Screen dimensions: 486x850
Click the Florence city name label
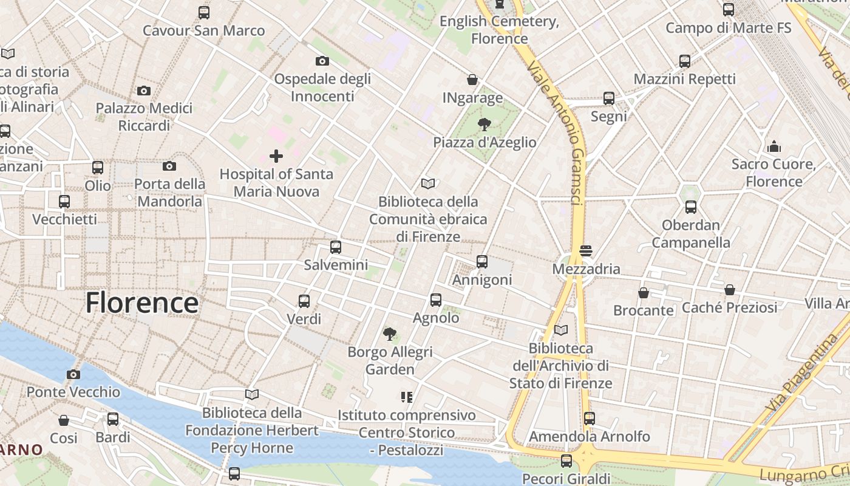[x=141, y=303]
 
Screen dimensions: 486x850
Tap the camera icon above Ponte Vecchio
[x=73, y=374]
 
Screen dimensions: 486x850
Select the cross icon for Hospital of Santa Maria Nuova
[x=276, y=156]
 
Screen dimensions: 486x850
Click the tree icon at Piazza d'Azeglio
[x=484, y=125]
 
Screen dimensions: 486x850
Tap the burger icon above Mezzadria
[x=586, y=251]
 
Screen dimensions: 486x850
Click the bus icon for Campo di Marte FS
[x=729, y=10]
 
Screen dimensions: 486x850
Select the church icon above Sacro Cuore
[x=774, y=146]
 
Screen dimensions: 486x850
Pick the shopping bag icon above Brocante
[x=644, y=293]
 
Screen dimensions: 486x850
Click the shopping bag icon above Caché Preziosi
[x=729, y=290]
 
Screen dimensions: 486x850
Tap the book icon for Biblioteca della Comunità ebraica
[x=428, y=183]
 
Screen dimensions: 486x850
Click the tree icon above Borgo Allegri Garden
[x=390, y=334]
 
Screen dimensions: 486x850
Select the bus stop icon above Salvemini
[x=336, y=247]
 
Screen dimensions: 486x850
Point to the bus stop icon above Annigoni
[x=482, y=262]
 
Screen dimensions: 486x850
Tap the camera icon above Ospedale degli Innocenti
[x=322, y=61]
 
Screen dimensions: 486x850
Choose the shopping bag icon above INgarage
[x=472, y=80]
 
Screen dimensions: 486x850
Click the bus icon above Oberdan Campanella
[x=691, y=207]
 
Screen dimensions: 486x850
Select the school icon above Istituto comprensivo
[x=407, y=397]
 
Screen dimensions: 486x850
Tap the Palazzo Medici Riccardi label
[x=144, y=117]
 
